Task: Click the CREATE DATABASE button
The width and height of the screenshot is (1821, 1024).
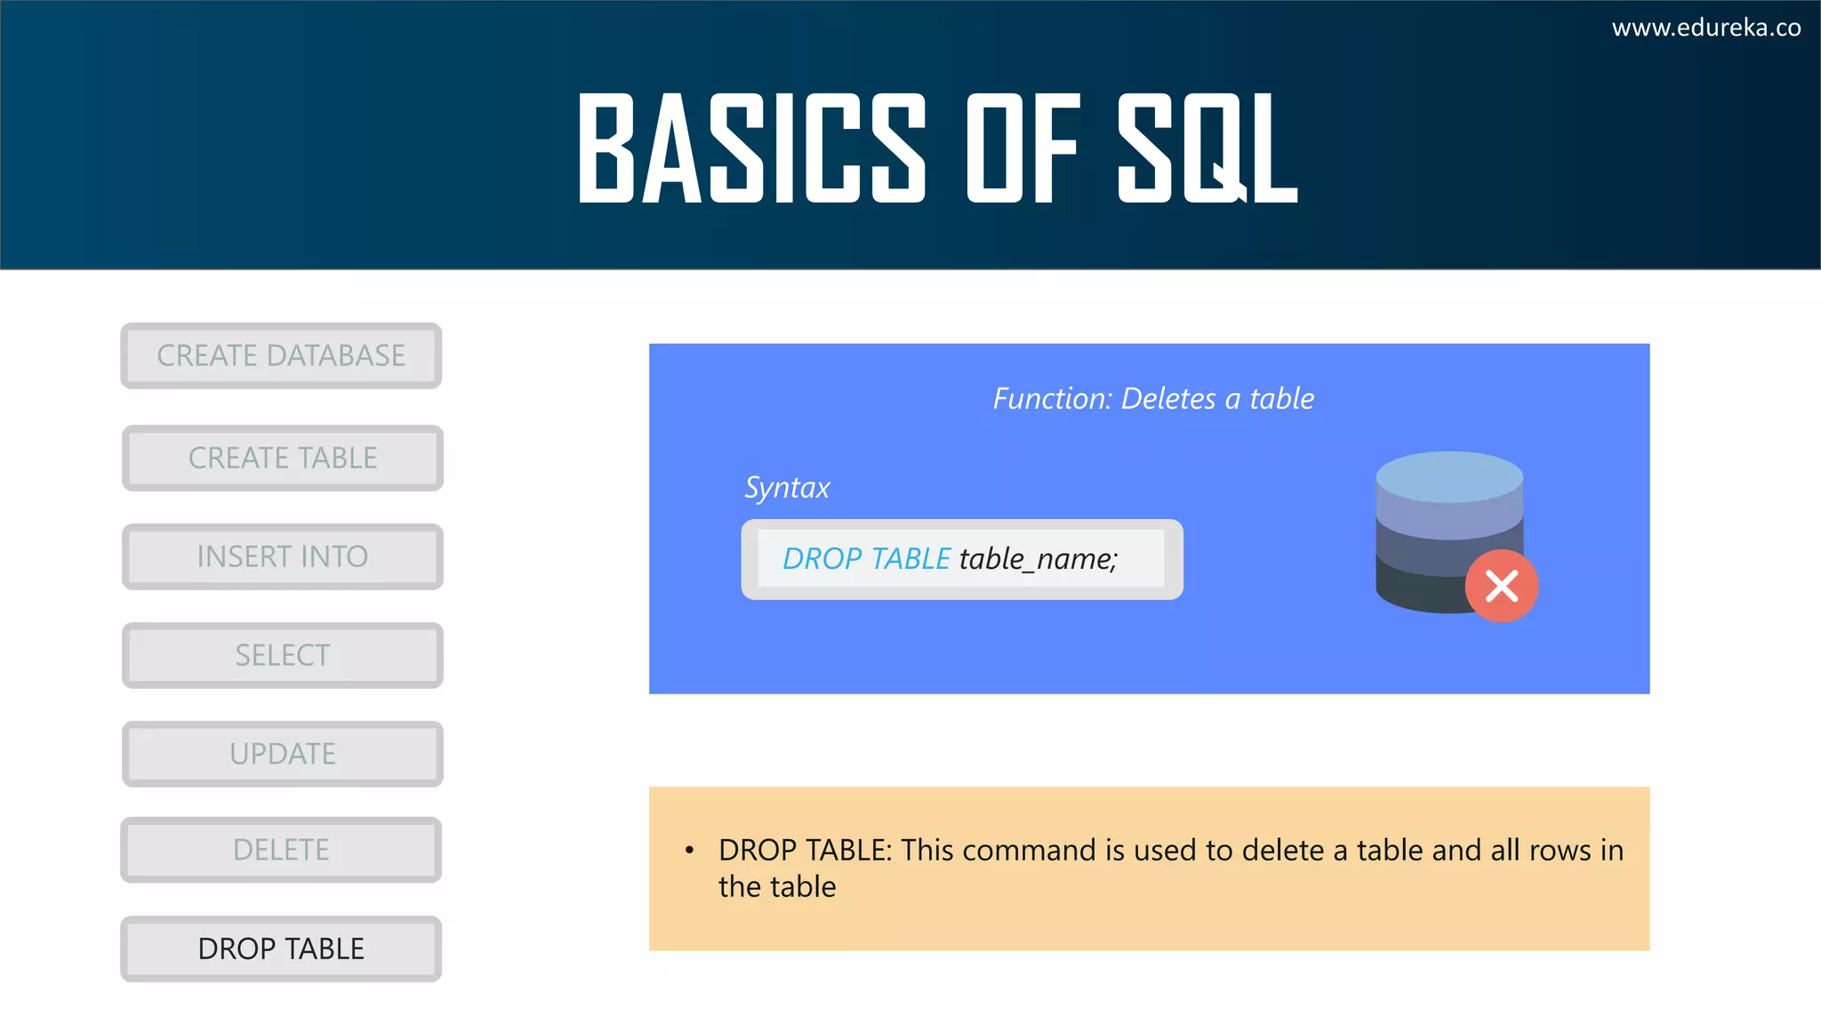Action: pyautogui.click(x=281, y=356)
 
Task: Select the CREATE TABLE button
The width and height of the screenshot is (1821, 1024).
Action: pyautogui.click(x=283, y=458)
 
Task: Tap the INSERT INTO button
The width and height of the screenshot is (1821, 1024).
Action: pyautogui.click(x=283, y=556)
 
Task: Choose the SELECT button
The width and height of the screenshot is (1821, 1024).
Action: pyautogui.click(x=283, y=655)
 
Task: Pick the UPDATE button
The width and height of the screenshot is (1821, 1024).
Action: pyautogui.click(x=283, y=754)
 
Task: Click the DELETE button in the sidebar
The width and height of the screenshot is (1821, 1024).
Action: pyautogui.click(x=281, y=850)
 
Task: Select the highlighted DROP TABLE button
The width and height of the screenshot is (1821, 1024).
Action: pyautogui.click(x=281, y=948)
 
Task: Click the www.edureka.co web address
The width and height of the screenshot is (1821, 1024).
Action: pyautogui.click(x=1706, y=28)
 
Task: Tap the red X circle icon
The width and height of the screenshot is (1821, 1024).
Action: pyautogui.click(x=1502, y=587)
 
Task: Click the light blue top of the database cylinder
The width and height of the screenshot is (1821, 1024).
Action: pyautogui.click(x=1449, y=476)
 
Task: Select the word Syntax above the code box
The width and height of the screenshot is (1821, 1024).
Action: pyautogui.click(x=787, y=487)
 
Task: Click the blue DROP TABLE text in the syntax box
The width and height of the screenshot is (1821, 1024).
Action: pyautogui.click(x=866, y=558)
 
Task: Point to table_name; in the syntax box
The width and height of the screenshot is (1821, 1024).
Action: pyautogui.click(x=1038, y=558)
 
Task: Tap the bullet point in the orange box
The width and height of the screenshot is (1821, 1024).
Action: pyautogui.click(x=689, y=851)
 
